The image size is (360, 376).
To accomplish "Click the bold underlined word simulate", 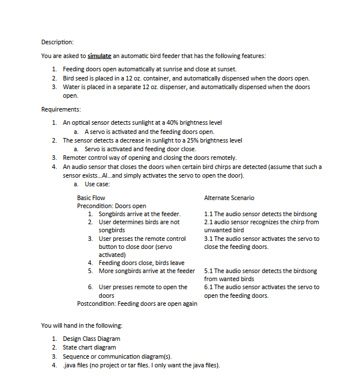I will coord(99,56).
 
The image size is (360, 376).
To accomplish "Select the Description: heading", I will coord(58,42).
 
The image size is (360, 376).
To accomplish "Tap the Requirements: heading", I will coord(61,109).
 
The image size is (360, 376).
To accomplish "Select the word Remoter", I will coord(75,158).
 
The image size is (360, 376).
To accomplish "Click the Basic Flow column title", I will coord(91,198).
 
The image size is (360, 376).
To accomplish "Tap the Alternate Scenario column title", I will coord(229,198).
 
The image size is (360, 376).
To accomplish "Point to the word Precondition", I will coord(95,206).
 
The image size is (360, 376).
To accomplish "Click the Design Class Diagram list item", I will coord(91,339).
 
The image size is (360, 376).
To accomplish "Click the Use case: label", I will coord(97,184).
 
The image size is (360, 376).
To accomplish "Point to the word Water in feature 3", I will coord(71,87).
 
